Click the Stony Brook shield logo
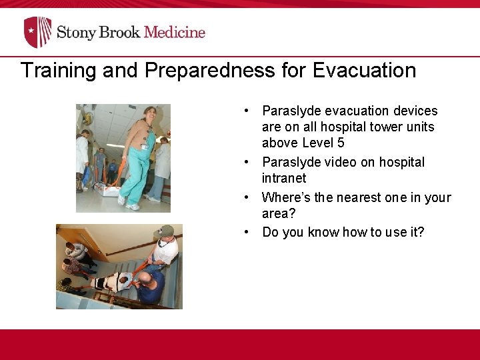pos(37,32)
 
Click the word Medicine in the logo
pos(175,32)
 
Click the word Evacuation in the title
pos(359,71)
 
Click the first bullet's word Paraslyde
pos(291,111)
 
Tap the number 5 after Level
pos(341,143)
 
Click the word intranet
pos(284,178)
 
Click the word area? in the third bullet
pos(278,213)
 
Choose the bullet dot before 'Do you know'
pos(247,232)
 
